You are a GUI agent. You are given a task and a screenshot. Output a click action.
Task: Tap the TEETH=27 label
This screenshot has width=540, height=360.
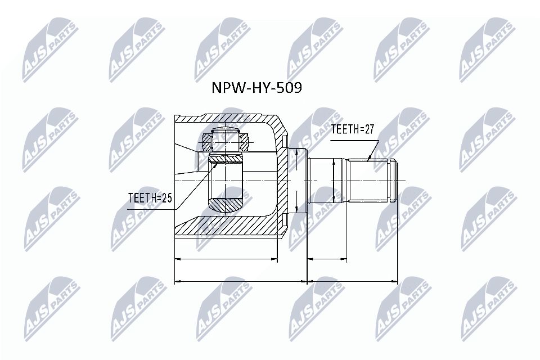tap(353, 129)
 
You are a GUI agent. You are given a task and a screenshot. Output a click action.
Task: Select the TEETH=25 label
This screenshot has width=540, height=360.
tap(149, 198)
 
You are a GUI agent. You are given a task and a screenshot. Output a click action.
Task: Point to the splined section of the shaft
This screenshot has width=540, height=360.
tap(369, 181)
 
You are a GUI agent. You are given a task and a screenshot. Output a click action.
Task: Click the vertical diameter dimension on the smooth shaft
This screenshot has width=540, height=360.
tap(334, 181)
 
